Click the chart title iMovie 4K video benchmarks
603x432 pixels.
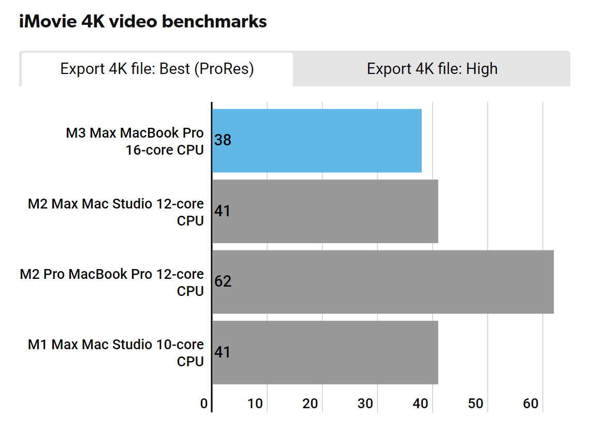(143, 22)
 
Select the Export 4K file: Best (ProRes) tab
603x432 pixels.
(157, 69)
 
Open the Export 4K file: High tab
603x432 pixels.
(432, 69)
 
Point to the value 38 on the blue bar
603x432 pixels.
(223, 140)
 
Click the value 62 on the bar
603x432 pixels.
(223, 281)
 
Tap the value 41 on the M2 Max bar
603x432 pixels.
(223, 211)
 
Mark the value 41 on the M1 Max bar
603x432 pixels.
(223, 352)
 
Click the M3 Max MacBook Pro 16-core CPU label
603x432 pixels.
(135, 141)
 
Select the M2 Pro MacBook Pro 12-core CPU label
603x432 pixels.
(112, 282)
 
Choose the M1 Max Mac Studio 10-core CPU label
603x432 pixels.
(116, 353)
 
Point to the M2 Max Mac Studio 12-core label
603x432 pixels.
(116, 212)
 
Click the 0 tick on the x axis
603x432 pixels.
(204, 404)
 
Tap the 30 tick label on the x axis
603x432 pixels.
(365, 404)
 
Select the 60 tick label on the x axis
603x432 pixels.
(531, 404)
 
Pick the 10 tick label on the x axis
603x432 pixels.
(255, 404)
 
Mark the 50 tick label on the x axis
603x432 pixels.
(476, 404)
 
